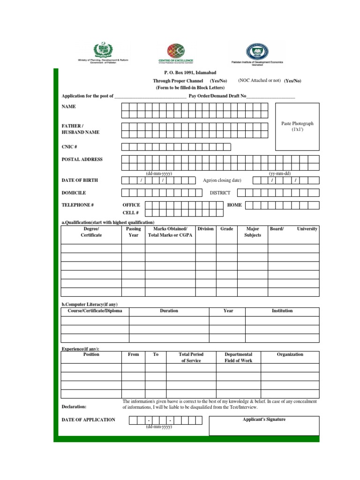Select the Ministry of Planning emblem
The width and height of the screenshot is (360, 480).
(102, 50)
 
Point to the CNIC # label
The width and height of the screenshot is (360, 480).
(69, 147)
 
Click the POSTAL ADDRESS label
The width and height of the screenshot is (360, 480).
(82, 159)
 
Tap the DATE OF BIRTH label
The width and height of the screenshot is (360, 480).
(80, 180)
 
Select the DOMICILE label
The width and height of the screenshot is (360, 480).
(74, 193)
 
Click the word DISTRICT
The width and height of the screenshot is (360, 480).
(220, 193)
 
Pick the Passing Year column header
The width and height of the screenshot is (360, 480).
(134, 232)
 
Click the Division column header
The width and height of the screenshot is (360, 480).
(205, 229)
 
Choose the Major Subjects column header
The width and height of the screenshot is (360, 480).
(253, 232)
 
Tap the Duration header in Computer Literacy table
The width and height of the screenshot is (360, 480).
(169, 311)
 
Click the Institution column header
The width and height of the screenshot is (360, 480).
(282, 311)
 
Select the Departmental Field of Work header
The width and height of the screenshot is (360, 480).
(238, 358)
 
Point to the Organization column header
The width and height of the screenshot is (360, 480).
(290, 355)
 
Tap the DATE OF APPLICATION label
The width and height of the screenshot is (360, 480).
(88, 420)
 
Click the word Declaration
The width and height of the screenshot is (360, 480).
(74, 407)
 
